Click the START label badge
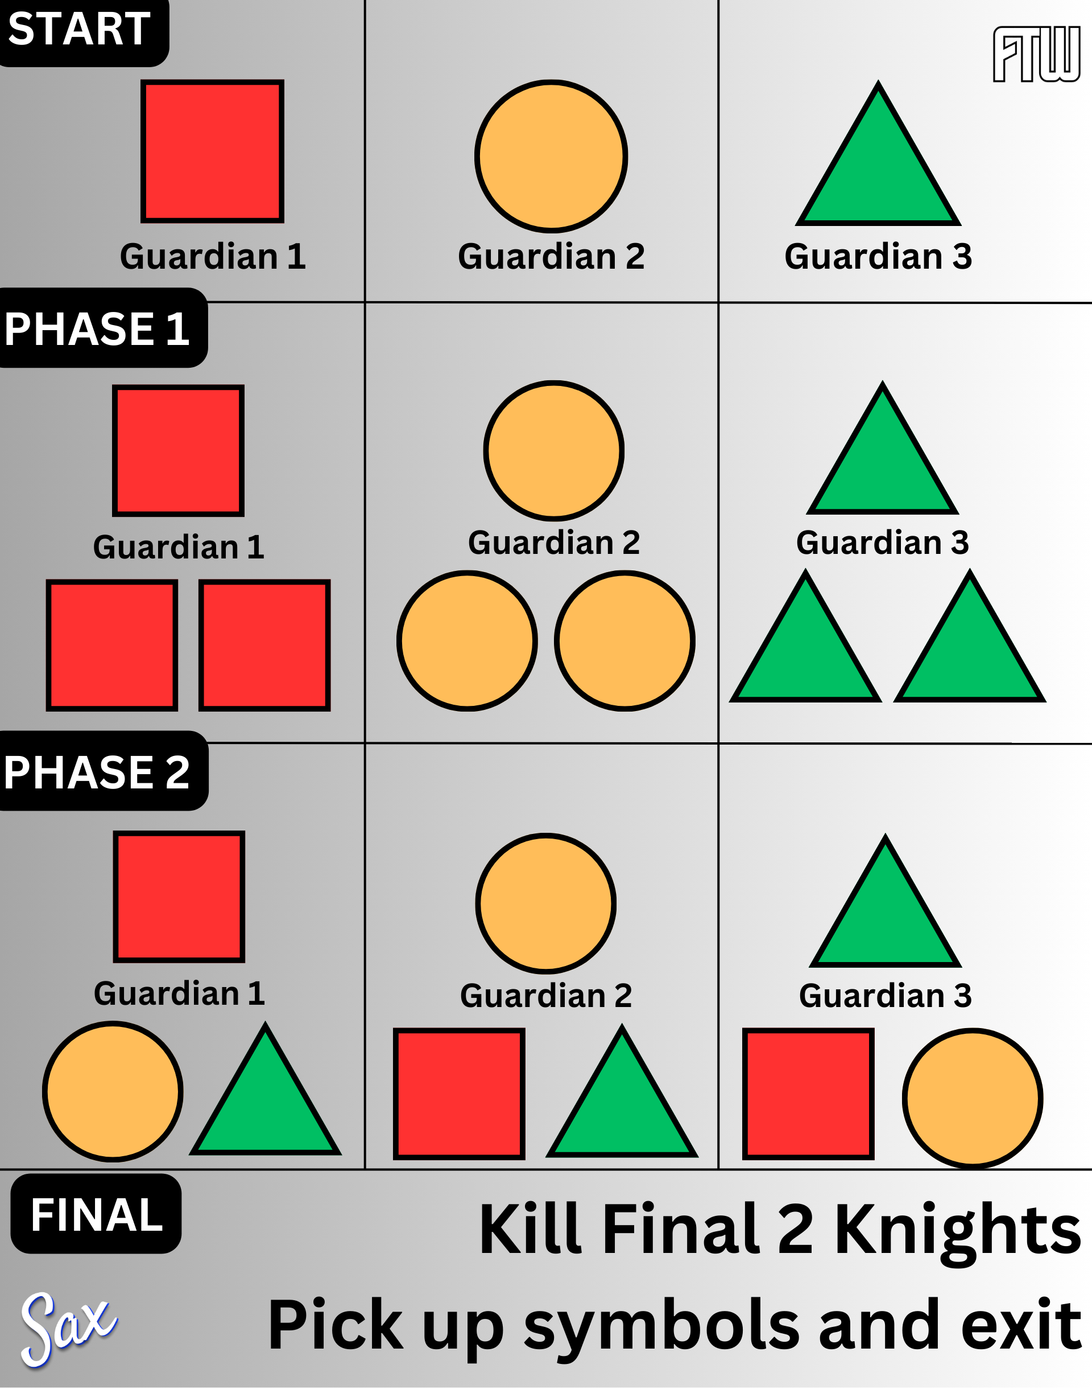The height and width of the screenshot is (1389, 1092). (80, 30)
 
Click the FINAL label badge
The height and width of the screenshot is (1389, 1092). (97, 1214)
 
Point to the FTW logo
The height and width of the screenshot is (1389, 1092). (1036, 55)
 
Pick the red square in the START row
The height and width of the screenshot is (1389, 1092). (212, 151)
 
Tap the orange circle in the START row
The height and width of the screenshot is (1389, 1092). (551, 156)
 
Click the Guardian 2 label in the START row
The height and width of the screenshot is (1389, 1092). (551, 257)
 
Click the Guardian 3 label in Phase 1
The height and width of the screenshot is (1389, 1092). (882, 543)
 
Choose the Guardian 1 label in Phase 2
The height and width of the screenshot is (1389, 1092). (179, 993)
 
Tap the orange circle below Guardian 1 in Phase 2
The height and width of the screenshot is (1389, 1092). (113, 1091)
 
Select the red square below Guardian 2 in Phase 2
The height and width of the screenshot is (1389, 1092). (459, 1094)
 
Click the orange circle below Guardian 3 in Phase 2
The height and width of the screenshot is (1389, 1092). (973, 1098)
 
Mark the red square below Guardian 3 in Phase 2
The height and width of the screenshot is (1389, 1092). (808, 1094)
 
